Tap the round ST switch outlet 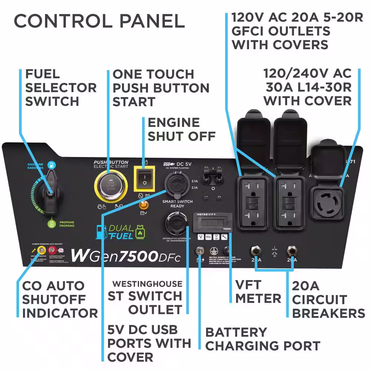tap(176, 223)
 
